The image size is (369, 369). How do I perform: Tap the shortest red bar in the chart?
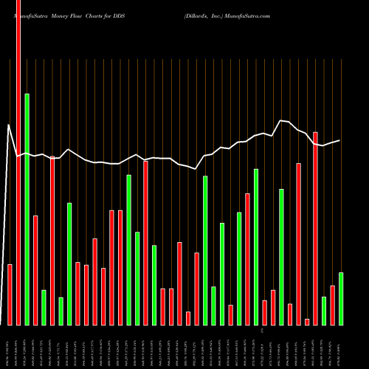307,322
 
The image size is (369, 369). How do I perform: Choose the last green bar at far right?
341,298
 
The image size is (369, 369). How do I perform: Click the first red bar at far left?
10,294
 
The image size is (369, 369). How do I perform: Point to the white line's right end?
339,140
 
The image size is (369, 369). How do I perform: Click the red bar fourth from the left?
52,241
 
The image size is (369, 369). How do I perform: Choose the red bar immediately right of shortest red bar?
315,228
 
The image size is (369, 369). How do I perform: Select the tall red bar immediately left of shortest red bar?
299,244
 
